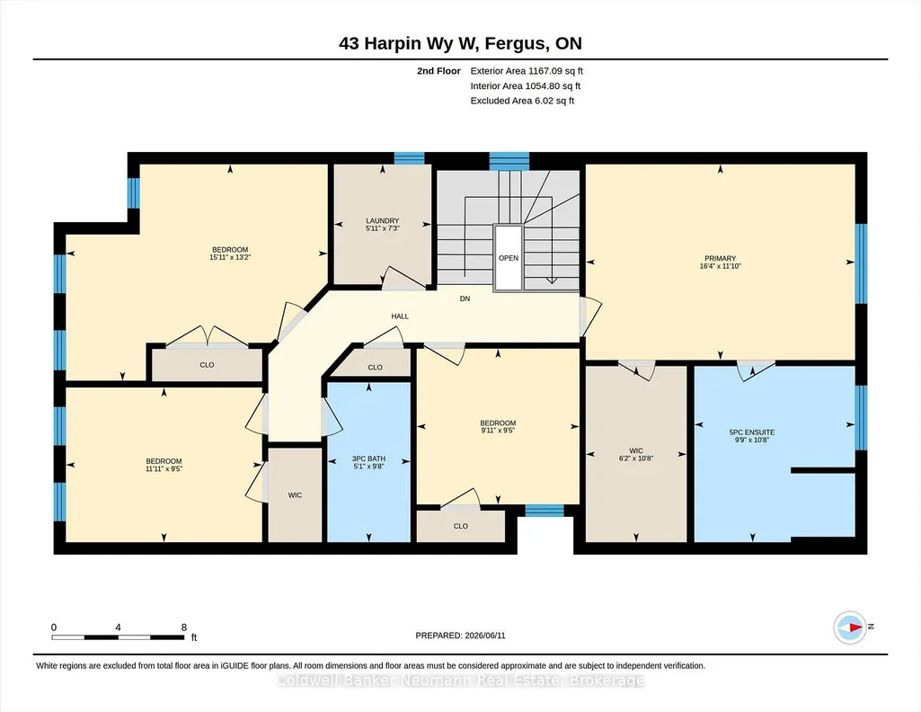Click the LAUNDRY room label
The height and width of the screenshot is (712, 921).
click(383, 221)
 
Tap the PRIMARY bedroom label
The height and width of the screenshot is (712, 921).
click(720, 259)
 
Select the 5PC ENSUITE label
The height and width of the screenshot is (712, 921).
click(752, 432)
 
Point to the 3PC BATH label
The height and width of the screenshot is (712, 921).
click(368, 458)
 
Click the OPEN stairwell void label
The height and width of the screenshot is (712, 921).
click(508, 258)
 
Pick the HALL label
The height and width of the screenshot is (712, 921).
click(400, 316)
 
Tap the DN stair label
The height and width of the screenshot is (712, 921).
click(465, 298)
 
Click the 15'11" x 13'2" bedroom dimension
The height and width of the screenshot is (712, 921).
click(230, 257)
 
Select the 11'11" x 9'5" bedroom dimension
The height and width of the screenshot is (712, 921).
click(164, 468)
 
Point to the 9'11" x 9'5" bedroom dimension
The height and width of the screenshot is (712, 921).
click(498, 431)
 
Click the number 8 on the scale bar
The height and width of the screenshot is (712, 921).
click(184, 627)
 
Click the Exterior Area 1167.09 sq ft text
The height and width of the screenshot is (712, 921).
click(527, 71)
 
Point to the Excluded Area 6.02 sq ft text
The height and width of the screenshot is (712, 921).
click(522, 101)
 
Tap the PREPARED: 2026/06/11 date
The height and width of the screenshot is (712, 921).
click(460, 636)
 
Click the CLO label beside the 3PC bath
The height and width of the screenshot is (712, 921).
click(375, 367)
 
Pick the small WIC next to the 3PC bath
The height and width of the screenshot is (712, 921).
click(295, 495)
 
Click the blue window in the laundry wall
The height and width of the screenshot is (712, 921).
click(409, 158)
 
